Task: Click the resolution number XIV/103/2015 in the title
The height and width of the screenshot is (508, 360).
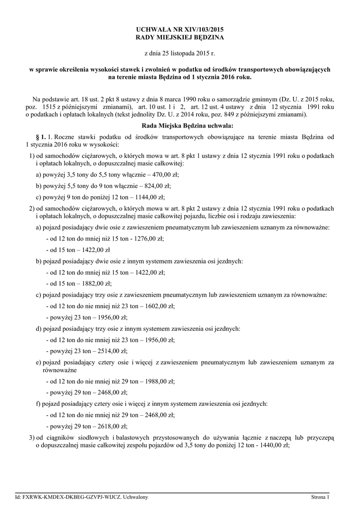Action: pyautogui.click(x=198, y=29)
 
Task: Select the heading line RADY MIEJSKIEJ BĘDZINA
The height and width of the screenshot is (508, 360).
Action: pyautogui.click(x=180, y=37)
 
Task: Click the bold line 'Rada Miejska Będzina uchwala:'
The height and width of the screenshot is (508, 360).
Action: pyautogui.click(x=180, y=126)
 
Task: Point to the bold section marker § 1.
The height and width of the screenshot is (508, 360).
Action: pyautogui.click(x=41, y=136)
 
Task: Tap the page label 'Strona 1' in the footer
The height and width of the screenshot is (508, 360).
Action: pyautogui.click(x=320, y=497)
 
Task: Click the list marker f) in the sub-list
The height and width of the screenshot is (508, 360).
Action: pyautogui.click(x=38, y=403)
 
